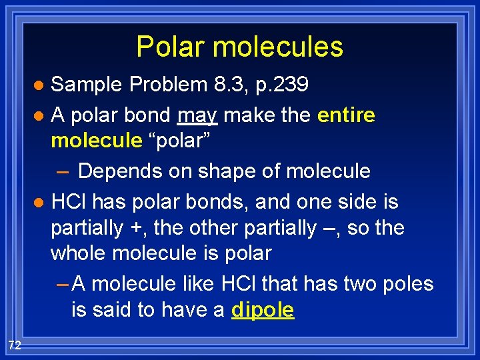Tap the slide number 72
pos(15,345)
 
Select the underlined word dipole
pos(262,311)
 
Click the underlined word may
pos(197,116)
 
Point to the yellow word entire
pos(346,115)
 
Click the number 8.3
pos(225,85)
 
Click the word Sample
pos(87,85)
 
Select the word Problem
pos(169,85)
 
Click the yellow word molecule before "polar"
pos(97,141)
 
